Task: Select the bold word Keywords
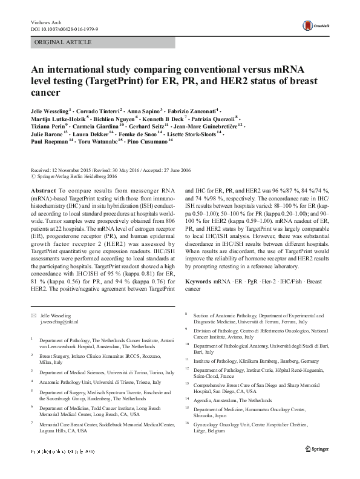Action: pos(201,282)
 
